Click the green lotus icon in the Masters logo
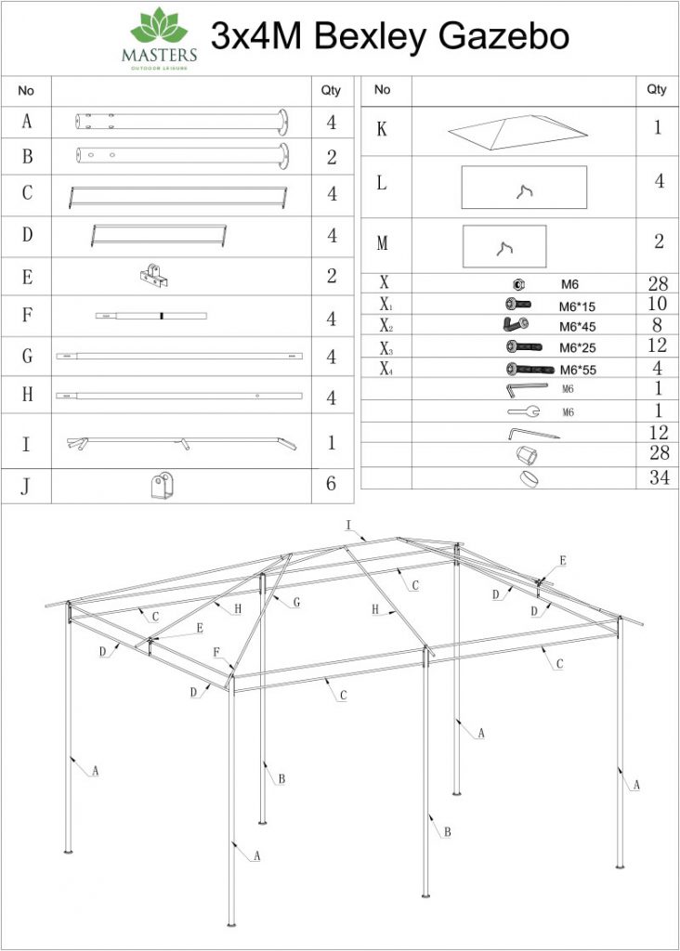tap(159, 26)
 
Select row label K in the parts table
tap(381, 129)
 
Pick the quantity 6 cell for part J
tap(331, 485)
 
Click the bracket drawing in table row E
tap(154, 276)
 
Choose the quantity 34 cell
tap(658, 478)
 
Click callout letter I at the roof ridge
tap(348, 527)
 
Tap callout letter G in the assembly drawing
tap(295, 603)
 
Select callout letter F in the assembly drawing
tap(216, 653)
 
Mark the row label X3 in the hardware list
tap(385, 347)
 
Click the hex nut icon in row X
tap(520, 284)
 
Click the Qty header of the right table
tap(657, 90)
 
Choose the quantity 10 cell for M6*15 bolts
tap(658, 305)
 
